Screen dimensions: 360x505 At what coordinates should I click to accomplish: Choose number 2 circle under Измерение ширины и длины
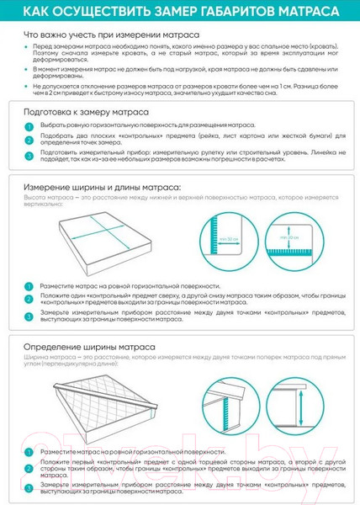click(29, 299)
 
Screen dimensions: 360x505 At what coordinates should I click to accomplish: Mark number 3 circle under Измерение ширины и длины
click(29, 316)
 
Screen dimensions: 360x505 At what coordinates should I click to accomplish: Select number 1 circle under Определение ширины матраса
click(29, 452)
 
